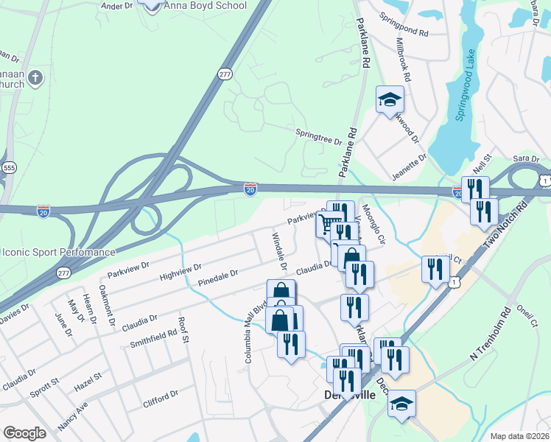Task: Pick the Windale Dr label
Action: [x=279, y=250]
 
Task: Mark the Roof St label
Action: [x=183, y=332]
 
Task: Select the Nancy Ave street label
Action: [x=73, y=414]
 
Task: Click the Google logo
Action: [x=24, y=433]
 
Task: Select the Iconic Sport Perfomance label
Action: [x=58, y=251]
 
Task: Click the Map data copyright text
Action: [x=519, y=436]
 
